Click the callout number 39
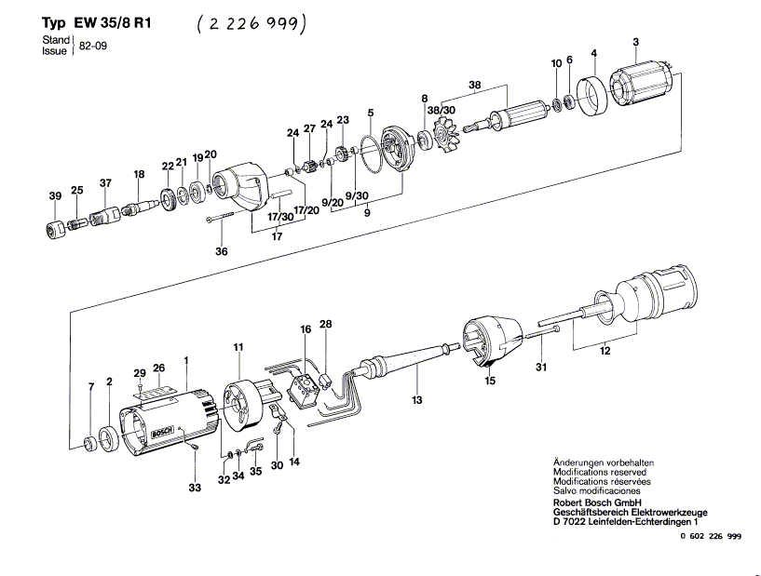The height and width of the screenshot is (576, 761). point(55,195)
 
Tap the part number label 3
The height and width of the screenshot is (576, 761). point(635,41)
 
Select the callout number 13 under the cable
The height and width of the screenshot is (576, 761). point(417,399)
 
